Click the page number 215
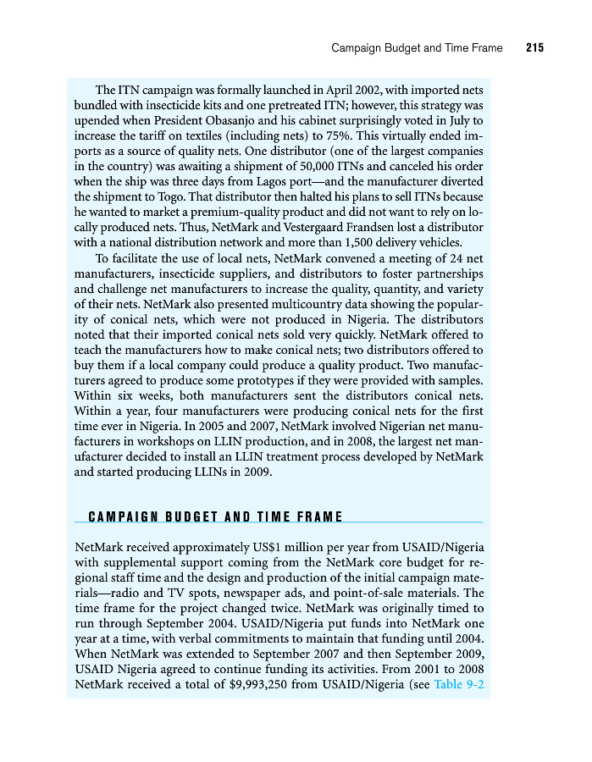pos(534,48)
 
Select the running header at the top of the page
pos(417,48)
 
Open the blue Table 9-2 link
pos(458,684)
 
